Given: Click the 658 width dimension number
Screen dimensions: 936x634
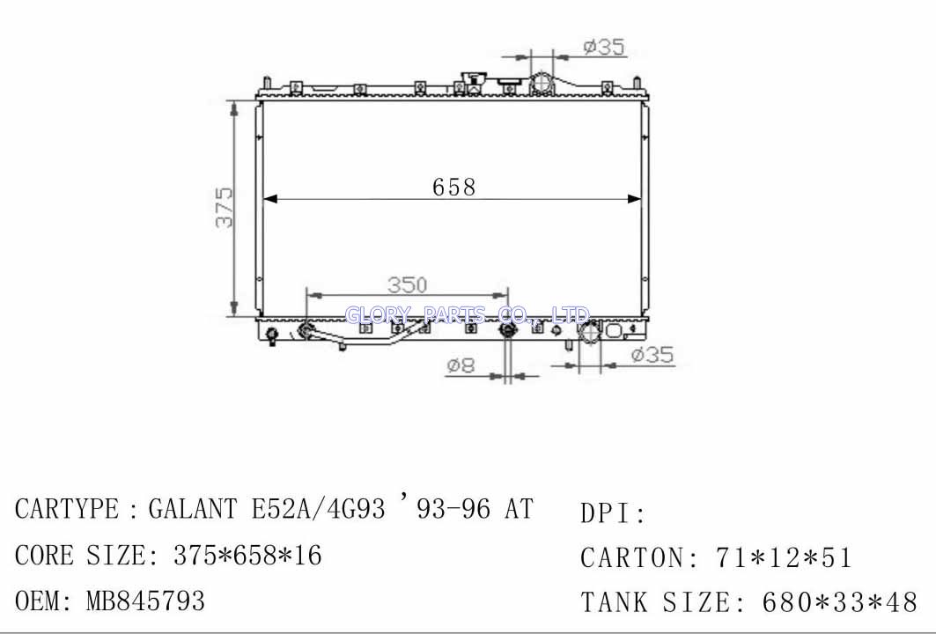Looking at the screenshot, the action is pyautogui.click(x=453, y=187).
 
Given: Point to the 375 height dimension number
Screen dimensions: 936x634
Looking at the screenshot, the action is pyautogui.click(x=224, y=208).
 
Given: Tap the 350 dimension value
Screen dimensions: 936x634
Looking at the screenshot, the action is pyautogui.click(x=408, y=284).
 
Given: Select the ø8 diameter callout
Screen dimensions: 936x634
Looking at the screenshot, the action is pyautogui.click(x=461, y=365).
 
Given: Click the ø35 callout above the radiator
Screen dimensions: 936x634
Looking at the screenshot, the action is pyautogui.click(x=604, y=47).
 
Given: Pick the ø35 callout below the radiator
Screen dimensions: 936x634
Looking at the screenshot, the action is pyautogui.click(x=652, y=355).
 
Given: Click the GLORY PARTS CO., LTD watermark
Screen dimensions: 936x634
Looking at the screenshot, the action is pyautogui.click(x=468, y=314).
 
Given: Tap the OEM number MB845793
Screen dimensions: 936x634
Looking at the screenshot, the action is pyautogui.click(x=145, y=601).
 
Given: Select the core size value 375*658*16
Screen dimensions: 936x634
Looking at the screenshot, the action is pyautogui.click(x=247, y=556).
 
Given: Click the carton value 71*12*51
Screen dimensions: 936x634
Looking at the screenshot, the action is pyautogui.click(x=783, y=557).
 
